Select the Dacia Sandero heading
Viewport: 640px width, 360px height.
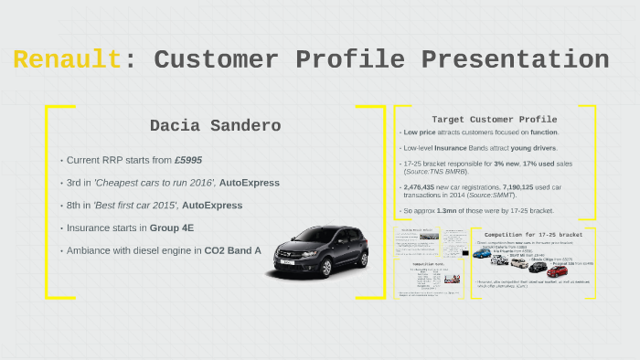point(215,125)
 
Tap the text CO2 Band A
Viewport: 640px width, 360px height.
point(232,249)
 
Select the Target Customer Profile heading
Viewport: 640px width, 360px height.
point(494,120)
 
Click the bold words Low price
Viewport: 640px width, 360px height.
point(420,132)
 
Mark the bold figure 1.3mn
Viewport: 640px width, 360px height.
point(449,209)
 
